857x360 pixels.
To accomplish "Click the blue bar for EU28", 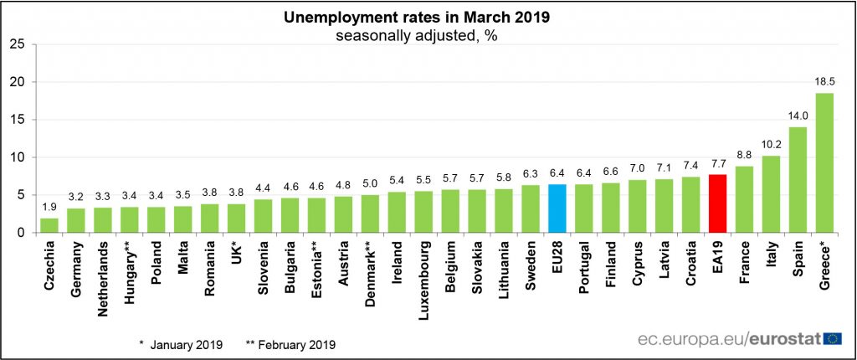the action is coord(557,208).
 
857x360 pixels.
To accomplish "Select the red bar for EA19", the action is coord(717,203).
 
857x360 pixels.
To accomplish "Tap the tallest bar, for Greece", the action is coord(824,163).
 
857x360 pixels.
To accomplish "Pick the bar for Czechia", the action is coord(49,225).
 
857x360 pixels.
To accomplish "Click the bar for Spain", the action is coord(798,180).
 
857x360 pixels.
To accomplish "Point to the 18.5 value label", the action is coord(824,82).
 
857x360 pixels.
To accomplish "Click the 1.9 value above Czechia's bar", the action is coord(49,208).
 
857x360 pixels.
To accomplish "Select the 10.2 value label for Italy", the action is coord(771,145).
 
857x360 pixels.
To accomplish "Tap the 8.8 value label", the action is coord(744,156).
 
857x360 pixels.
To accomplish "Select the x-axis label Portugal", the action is coord(583,260).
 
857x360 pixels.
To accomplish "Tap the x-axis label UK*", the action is coord(237,249).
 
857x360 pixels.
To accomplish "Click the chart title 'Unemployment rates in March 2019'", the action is coord(417,18).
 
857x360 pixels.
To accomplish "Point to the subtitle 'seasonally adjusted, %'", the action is coord(417,37).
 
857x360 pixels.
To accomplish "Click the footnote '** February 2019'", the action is coord(290,345).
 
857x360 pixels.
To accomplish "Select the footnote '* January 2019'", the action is coord(181,345).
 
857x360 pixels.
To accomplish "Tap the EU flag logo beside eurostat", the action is coord(833,339).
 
